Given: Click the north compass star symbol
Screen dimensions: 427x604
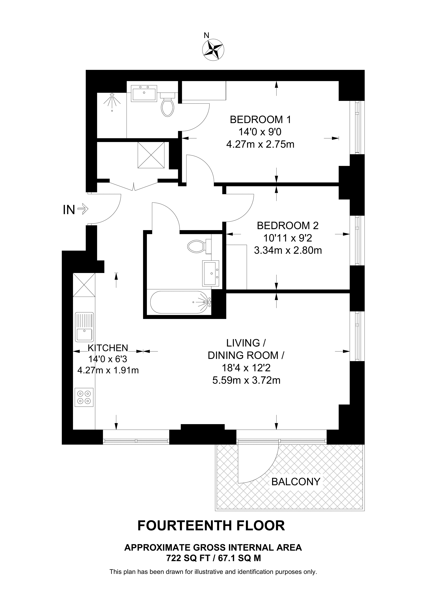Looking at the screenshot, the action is [213, 49].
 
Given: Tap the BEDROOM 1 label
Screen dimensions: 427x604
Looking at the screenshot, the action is [260, 120].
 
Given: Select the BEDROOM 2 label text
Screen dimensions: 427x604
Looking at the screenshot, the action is [288, 225].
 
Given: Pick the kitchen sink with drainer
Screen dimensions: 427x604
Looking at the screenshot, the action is [84, 327].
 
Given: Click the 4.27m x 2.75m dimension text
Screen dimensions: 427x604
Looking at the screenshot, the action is [260, 144].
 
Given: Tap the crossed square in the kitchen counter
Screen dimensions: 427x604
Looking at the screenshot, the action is [84, 285].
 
